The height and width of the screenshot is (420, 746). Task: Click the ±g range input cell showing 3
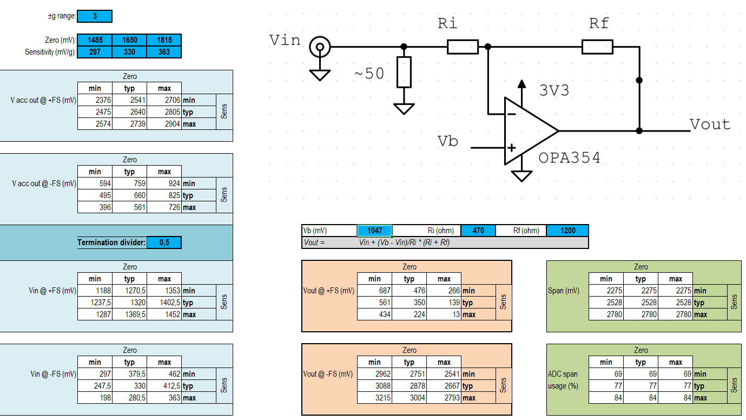pos(95,16)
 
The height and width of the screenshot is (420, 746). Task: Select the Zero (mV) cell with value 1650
pos(129,40)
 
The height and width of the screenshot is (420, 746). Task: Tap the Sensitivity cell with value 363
pos(164,52)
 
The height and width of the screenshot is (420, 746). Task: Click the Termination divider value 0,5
pos(164,242)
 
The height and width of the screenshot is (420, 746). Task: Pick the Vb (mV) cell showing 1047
pos(374,231)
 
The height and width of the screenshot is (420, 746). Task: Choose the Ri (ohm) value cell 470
pos(478,231)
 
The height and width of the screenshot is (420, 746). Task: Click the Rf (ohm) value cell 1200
pos(567,231)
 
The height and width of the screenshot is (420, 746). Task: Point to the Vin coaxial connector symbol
pos(320,48)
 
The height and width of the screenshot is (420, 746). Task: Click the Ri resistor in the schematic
pos(463,47)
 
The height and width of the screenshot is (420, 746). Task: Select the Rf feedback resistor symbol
pos(597,47)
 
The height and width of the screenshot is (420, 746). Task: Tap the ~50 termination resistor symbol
pos(404,72)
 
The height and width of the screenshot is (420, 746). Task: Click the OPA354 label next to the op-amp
pos(569,158)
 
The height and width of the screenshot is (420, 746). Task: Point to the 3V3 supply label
pos(554,90)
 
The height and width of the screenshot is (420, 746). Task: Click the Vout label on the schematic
pos(710,124)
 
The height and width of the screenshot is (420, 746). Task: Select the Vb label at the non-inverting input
pos(448,141)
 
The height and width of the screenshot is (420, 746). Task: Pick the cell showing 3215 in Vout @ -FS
pos(374,398)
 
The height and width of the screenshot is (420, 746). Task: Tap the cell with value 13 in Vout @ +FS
pos(444,314)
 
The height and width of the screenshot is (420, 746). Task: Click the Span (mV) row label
pos(564,291)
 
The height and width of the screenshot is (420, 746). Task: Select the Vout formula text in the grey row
pos(404,242)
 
